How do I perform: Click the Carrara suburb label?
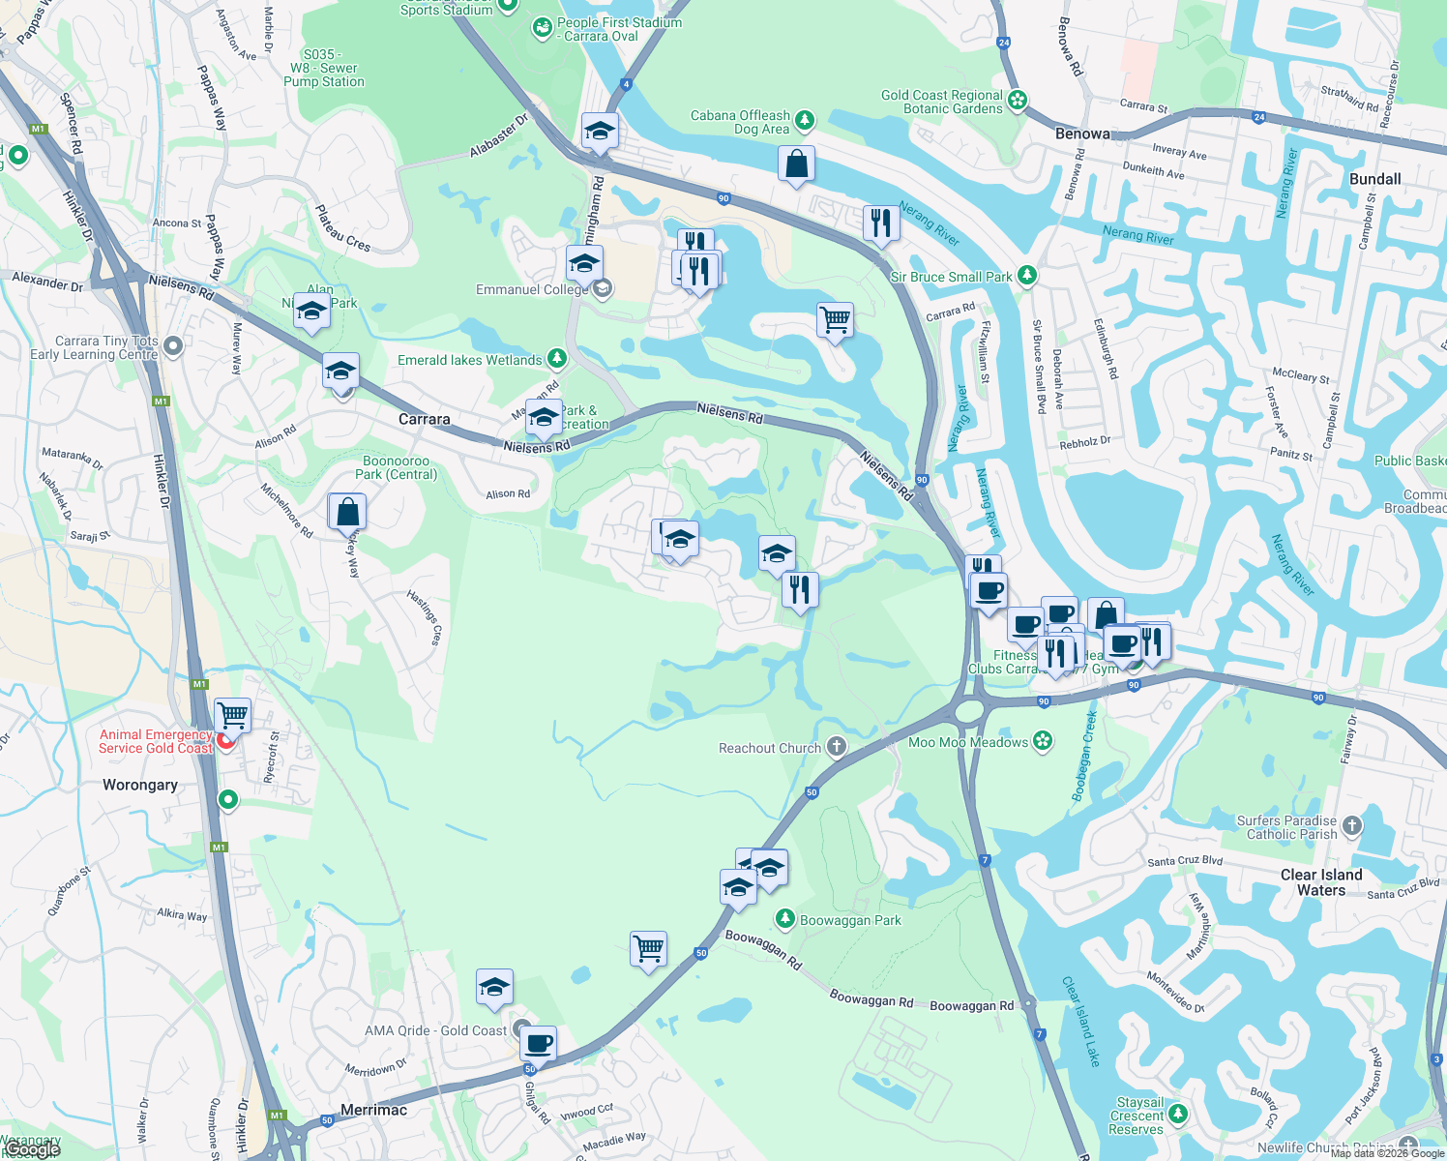tap(425, 419)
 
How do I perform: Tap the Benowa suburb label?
tap(1082, 134)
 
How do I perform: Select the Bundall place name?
tap(1374, 179)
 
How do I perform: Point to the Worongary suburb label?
tap(140, 785)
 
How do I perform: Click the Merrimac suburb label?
tap(373, 1110)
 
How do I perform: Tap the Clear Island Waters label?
tap(1321, 882)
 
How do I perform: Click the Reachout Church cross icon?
tap(837, 747)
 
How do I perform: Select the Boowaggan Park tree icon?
tap(785, 918)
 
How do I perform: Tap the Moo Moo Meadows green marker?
tap(1043, 741)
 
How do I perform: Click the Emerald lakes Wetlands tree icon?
tap(556, 359)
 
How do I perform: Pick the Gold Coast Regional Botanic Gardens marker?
tap(1017, 100)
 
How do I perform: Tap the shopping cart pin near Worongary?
tap(233, 716)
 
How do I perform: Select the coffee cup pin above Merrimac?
tap(538, 1044)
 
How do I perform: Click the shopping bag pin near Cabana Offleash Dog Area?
tap(796, 164)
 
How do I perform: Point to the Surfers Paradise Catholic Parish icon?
tap(1352, 826)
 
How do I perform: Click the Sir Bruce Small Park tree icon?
tap(1027, 276)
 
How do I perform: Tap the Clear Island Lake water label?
tap(1081, 1021)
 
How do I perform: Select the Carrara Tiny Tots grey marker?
tap(173, 345)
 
